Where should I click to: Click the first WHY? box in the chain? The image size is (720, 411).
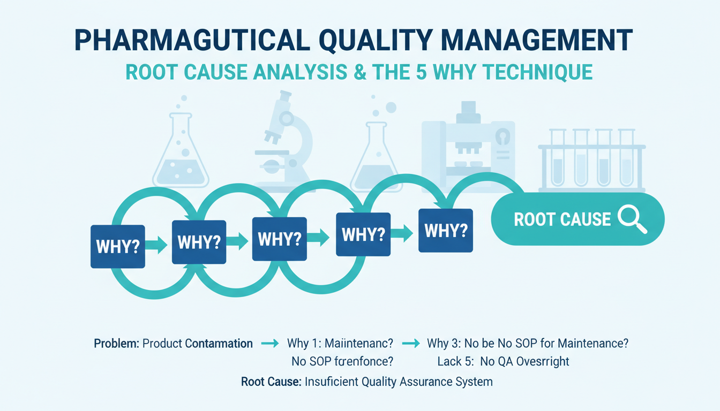point(117,246)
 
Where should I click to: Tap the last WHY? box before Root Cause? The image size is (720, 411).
point(445,231)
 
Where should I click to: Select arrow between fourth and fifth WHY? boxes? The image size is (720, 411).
point(402,233)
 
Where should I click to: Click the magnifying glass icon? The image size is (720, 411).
point(632,220)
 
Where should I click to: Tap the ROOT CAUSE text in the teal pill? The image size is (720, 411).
point(562,219)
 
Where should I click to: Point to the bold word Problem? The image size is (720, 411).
point(117,344)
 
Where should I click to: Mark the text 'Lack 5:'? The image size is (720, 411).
point(455,362)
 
